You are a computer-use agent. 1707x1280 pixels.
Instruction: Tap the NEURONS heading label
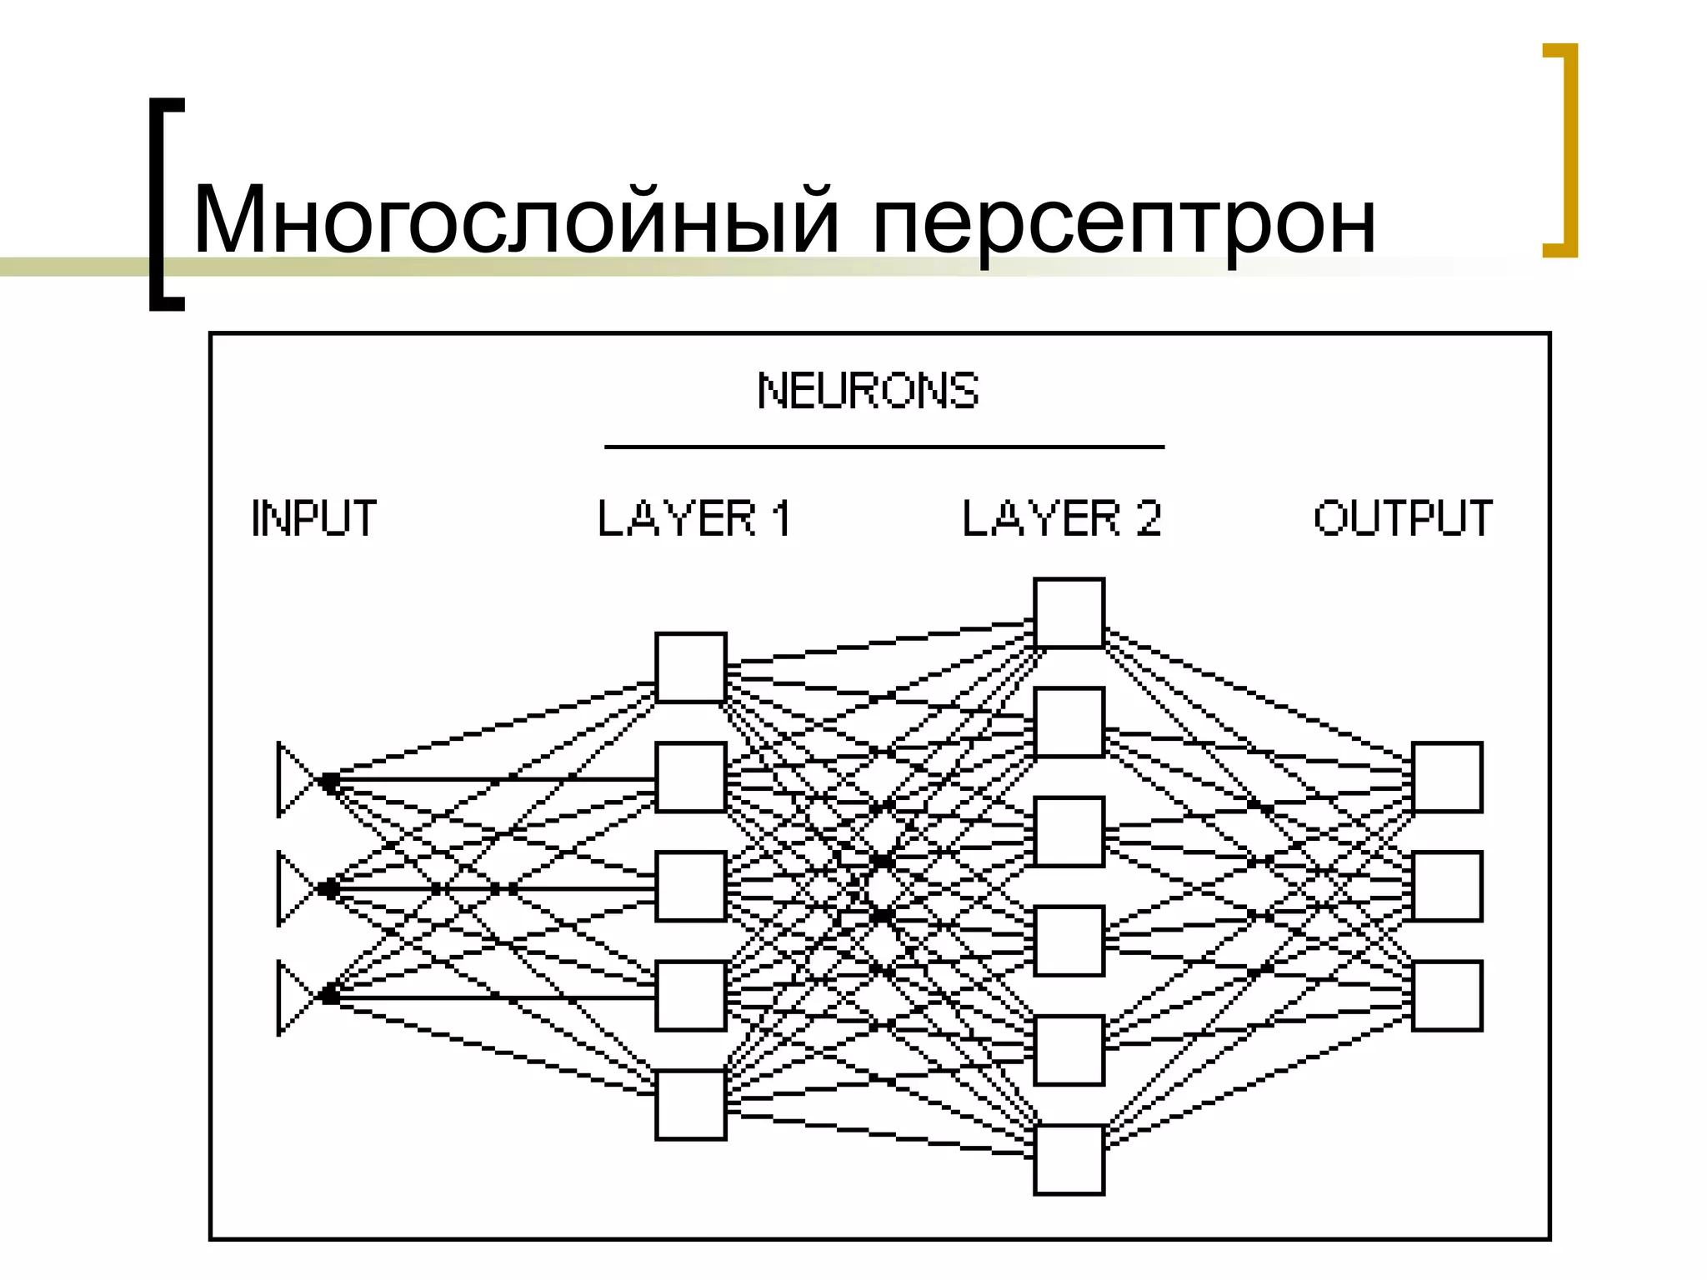tap(868, 391)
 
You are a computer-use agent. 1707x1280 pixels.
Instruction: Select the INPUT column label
tap(314, 518)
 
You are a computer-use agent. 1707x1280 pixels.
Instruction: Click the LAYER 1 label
tap(694, 518)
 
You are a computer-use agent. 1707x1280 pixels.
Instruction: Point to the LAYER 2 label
tap(1062, 518)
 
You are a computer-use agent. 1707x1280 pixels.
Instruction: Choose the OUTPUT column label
tap(1403, 518)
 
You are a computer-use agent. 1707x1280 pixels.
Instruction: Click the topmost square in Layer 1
tap(690, 667)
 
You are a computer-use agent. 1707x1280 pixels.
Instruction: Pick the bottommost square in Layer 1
tap(690, 1104)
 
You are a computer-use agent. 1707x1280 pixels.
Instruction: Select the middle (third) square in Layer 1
tap(690, 886)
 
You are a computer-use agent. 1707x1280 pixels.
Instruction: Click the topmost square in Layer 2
tap(1069, 612)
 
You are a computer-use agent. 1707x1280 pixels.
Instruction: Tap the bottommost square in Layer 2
tap(1069, 1160)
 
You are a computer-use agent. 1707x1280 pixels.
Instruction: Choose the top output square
tap(1447, 777)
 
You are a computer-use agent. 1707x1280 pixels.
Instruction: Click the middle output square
tap(1447, 886)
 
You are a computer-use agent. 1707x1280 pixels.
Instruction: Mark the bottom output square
tap(1447, 996)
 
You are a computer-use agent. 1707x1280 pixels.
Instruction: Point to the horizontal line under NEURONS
tap(884, 447)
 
